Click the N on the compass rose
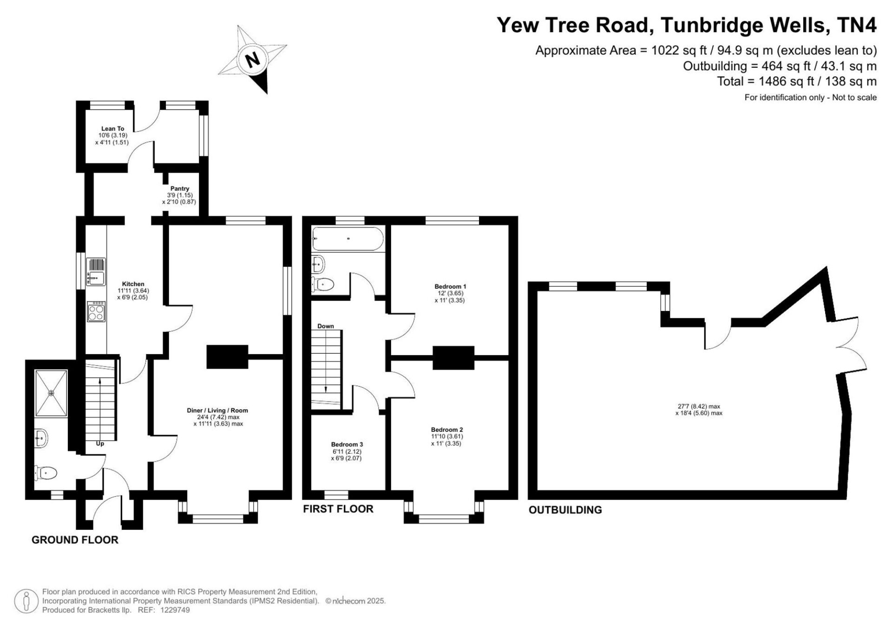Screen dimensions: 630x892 tap(252, 60)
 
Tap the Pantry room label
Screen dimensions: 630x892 tap(179, 189)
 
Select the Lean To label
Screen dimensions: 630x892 tap(112, 129)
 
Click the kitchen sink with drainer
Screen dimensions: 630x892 tap(96, 272)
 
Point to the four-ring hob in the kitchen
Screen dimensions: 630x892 tap(96, 312)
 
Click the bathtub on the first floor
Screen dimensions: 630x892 tap(348, 239)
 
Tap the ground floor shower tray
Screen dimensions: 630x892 tap(52, 393)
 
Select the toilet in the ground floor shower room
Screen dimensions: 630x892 tap(46, 473)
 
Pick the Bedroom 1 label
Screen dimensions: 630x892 tap(450, 286)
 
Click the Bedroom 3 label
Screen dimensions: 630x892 tap(347, 444)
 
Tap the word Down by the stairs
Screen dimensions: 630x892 tap(326, 326)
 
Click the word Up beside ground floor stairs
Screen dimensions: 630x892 tap(100, 444)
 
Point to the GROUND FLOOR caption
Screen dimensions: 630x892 tap(75, 540)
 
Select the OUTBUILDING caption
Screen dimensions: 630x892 tap(565, 510)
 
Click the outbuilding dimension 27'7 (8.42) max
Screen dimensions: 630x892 tap(699, 406)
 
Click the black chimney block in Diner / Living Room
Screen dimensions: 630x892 tap(227, 357)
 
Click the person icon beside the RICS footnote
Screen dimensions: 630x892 tap(26, 601)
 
